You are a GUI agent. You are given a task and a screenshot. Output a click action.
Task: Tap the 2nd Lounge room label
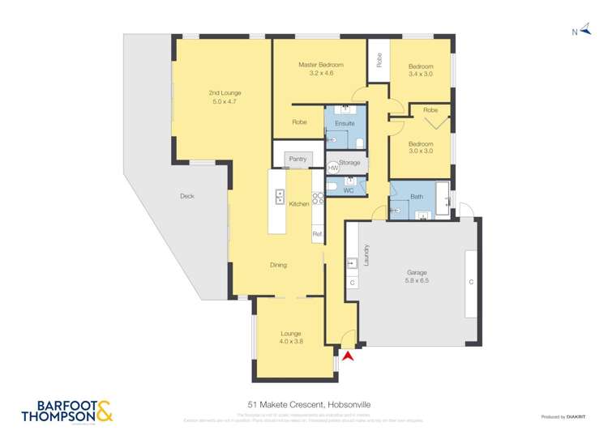click(x=226, y=97)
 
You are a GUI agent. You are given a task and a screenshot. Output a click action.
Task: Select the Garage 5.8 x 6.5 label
click(x=417, y=277)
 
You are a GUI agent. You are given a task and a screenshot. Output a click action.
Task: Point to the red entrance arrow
click(x=349, y=355)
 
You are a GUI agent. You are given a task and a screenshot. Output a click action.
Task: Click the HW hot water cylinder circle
click(x=333, y=167)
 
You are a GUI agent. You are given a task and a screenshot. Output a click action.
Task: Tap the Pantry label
click(x=298, y=159)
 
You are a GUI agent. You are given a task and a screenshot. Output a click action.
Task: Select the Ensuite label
click(x=345, y=123)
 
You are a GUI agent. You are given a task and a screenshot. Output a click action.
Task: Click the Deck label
click(x=187, y=196)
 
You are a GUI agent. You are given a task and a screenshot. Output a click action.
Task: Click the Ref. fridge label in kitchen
click(x=317, y=234)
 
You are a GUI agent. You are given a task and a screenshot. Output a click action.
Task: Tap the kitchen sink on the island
click(x=279, y=196)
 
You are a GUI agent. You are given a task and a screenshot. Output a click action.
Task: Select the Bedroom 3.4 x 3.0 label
click(x=421, y=70)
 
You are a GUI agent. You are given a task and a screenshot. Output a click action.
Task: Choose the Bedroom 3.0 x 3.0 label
click(x=421, y=147)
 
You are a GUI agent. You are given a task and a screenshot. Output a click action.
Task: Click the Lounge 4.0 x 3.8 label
click(x=291, y=337)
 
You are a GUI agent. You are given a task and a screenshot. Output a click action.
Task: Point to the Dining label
click(x=278, y=265)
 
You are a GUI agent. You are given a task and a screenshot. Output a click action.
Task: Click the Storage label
click(x=350, y=163)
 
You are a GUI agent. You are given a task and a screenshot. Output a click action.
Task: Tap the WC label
click(x=348, y=191)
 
